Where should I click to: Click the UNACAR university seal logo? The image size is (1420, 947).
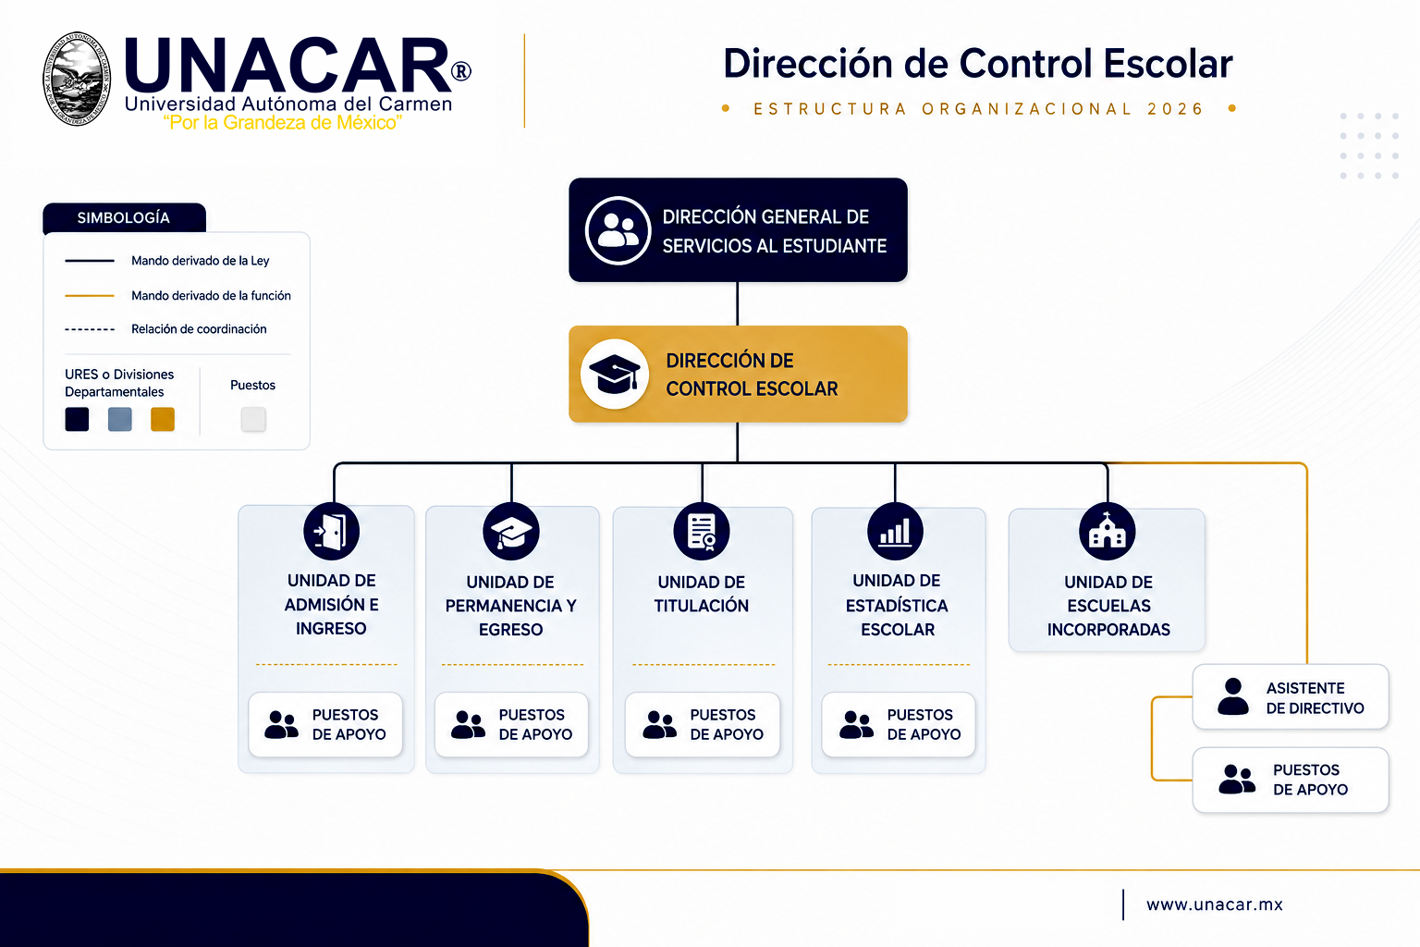coord(77,79)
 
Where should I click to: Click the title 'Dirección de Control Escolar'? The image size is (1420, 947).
coord(977,64)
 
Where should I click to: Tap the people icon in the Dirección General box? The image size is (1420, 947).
coord(618,229)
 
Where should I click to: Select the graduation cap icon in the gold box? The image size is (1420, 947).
coord(614,374)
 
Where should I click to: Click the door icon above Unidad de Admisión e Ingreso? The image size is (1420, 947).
coord(332,532)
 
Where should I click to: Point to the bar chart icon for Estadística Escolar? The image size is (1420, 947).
coord(895,532)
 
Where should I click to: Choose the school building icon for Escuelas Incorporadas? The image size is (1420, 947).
coord(1107,532)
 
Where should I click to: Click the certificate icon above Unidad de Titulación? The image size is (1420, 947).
coord(701,532)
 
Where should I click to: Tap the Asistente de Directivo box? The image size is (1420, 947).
coord(1290,696)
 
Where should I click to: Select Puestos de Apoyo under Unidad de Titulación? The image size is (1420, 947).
coord(703,724)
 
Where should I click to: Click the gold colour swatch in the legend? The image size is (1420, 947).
coord(163,419)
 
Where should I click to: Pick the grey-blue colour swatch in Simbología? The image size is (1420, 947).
coord(120,419)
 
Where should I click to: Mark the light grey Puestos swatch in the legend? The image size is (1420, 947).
coord(253,419)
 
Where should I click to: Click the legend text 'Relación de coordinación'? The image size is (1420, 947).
coord(199,329)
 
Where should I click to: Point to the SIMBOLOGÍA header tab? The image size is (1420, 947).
coord(124,217)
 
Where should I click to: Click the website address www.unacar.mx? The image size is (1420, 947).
coord(1214,904)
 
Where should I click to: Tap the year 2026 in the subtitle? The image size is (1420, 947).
coord(1175,109)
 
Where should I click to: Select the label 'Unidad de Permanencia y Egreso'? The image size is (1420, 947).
coord(510,606)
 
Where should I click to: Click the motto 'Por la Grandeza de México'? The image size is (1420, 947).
coord(283,122)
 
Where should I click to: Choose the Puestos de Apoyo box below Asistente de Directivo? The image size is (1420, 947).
coord(1290,780)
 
